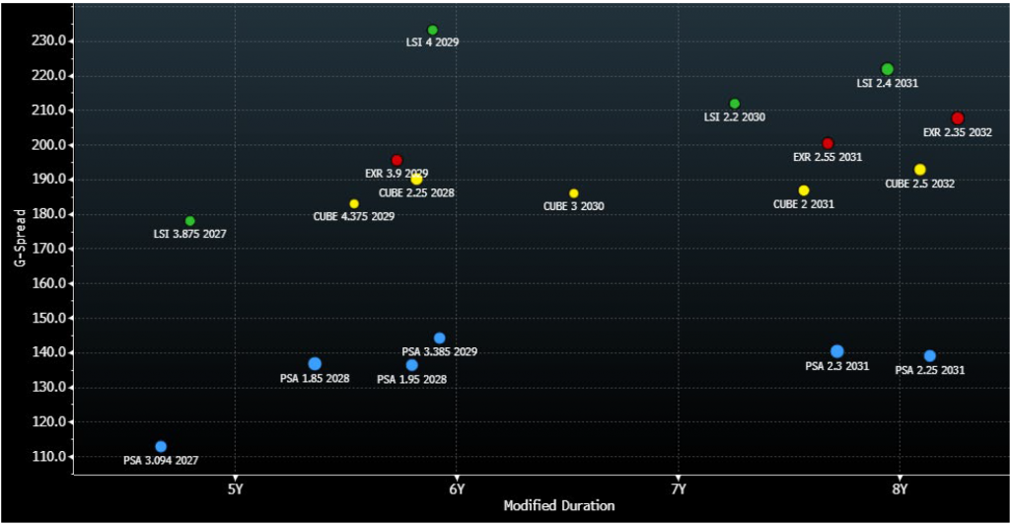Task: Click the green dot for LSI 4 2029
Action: coord(432,31)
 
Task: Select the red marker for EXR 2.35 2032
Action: coord(958,118)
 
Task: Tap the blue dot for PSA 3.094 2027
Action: coord(161,447)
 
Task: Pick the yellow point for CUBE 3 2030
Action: coord(574,193)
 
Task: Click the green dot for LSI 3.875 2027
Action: coord(190,221)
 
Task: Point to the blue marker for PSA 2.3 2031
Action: coord(837,351)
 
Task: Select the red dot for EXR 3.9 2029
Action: coord(397,160)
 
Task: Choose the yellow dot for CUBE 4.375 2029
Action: coord(354,204)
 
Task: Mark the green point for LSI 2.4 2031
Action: coord(888,69)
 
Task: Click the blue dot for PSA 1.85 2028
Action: coord(315,364)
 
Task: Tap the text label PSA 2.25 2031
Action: coord(929,370)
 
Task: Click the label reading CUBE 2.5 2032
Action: coord(919,184)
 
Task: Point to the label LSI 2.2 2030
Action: coord(734,117)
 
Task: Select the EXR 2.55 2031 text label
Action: coord(828,157)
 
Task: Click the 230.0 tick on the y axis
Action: coord(49,41)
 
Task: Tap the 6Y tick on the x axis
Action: coord(456,488)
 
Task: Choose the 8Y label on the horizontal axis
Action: coord(899,488)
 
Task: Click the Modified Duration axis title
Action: coord(559,506)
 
